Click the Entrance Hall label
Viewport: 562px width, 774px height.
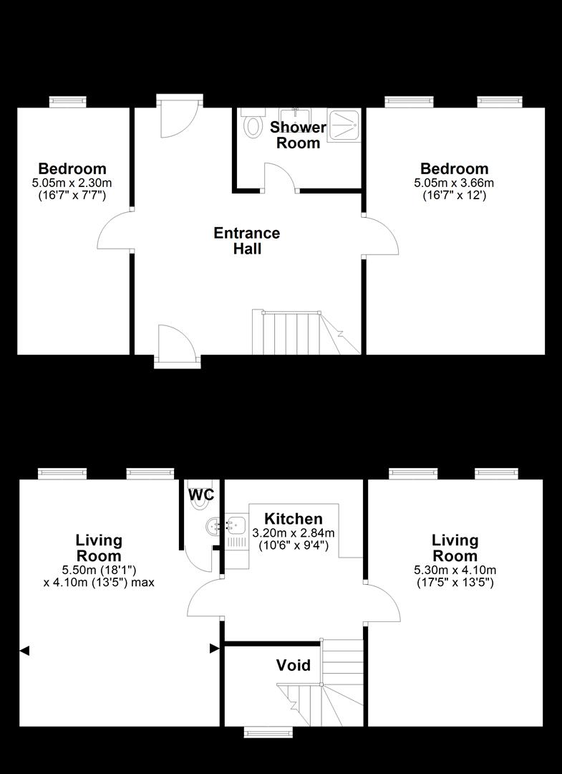click(x=247, y=240)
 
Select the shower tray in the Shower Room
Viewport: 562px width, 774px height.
click(x=344, y=125)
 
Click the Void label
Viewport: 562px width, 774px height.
click(x=294, y=665)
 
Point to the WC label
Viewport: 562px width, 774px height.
click(x=201, y=494)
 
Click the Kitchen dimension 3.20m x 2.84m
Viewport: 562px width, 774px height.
click(x=294, y=533)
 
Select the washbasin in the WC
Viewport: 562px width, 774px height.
click(x=213, y=526)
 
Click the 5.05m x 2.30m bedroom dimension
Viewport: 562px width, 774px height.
click(x=72, y=183)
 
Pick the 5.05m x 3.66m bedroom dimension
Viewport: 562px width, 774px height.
click(x=454, y=183)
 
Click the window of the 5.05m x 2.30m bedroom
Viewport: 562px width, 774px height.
click(x=68, y=102)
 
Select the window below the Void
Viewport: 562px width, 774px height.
click(x=266, y=732)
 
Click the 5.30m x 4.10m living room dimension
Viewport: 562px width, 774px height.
click(x=455, y=570)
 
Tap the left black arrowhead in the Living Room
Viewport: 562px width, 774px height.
click(x=24, y=651)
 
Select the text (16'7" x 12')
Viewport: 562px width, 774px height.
click(x=454, y=195)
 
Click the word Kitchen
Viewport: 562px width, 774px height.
click(x=294, y=519)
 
